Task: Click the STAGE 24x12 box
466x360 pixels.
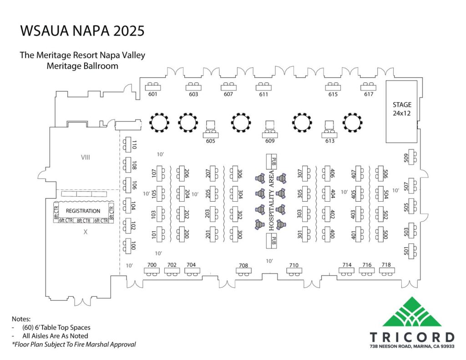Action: pyautogui.click(x=401, y=111)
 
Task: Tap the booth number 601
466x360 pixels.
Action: pyautogui.click(x=152, y=95)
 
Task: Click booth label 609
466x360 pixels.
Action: pyautogui.click(x=270, y=141)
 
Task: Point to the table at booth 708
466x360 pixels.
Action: pyautogui.click(x=243, y=271)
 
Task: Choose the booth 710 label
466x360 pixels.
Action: pyautogui.click(x=294, y=265)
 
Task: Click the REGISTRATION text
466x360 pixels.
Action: pyautogui.click(x=83, y=211)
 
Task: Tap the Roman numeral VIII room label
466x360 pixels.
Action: pyautogui.click(x=85, y=157)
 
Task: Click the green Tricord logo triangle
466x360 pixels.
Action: pyautogui.click(x=412, y=313)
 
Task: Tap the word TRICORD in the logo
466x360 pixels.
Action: pyautogui.click(x=411, y=337)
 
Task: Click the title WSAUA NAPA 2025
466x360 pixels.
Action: pyautogui.click(x=82, y=31)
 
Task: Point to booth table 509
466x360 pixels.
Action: pyautogui.click(x=411, y=157)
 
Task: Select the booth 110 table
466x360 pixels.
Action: pyautogui.click(x=129, y=145)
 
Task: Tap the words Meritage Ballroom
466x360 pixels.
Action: pyautogui.click(x=82, y=66)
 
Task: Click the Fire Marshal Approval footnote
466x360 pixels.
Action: pyautogui.click(x=74, y=345)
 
